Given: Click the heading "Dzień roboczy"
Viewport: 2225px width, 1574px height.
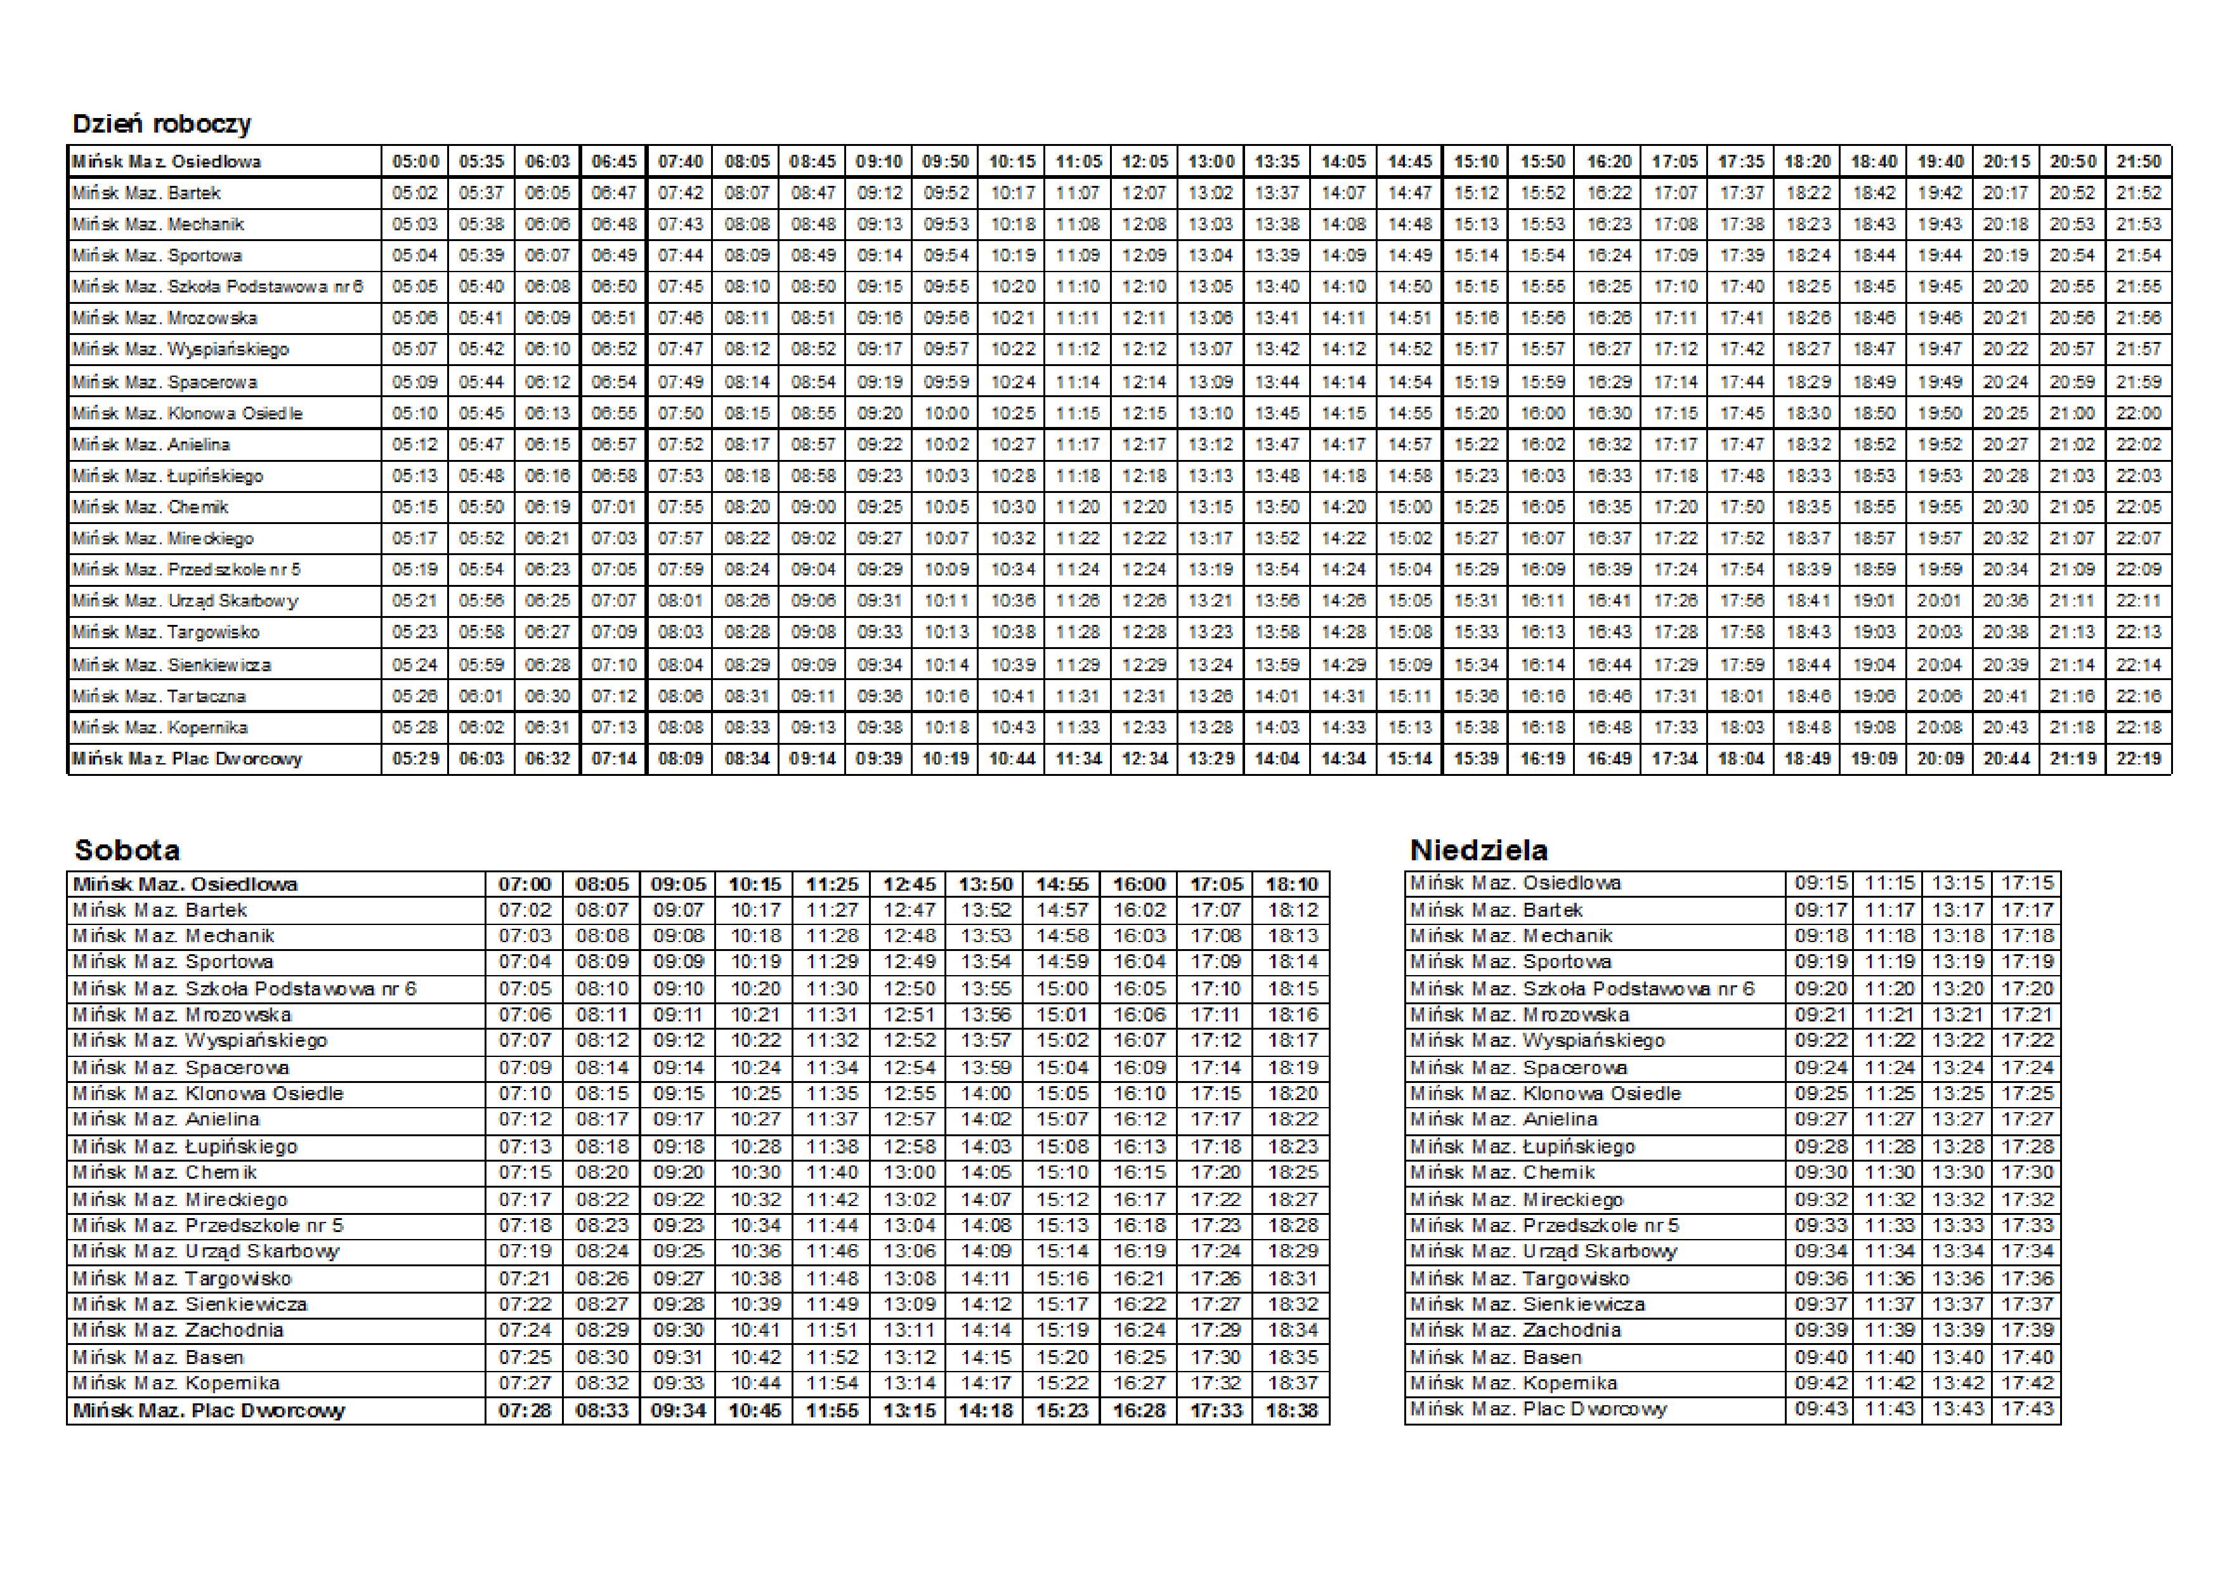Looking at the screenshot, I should click(162, 124).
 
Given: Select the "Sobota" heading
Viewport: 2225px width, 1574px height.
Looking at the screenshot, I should click(127, 850).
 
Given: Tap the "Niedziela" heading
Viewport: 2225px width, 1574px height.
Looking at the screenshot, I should click(1479, 850).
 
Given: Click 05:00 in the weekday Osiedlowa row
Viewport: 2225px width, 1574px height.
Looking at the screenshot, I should click(415, 162).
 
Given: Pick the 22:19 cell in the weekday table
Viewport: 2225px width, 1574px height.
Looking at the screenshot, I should click(2139, 759).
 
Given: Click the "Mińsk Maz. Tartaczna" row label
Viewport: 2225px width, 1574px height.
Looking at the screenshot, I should click(159, 696).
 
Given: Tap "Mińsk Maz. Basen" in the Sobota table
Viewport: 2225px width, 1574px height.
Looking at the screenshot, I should click(158, 1357).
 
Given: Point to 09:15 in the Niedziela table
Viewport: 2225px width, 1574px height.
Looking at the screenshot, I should click(1821, 883).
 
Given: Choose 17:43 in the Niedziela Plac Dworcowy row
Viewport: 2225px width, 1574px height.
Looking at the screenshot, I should click(2027, 1408).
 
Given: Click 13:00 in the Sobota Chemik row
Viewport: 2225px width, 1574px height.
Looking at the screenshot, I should click(909, 1172).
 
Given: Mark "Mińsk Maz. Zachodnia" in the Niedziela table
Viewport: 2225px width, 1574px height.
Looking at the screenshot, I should click(1516, 1330).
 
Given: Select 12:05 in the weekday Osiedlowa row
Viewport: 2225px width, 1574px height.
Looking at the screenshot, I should click(1144, 162).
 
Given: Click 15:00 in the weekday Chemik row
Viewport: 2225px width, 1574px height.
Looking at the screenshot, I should click(1410, 507).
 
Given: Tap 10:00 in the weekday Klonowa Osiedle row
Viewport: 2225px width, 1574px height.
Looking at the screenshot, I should click(946, 413).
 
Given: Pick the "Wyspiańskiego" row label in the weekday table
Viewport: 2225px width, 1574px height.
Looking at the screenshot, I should click(180, 349).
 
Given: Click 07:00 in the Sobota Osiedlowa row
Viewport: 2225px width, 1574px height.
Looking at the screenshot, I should click(525, 884).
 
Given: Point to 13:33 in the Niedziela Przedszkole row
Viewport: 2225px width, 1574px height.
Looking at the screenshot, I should click(1957, 1225).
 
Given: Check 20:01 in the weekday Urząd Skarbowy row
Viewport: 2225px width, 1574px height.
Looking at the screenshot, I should click(1939, 601).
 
